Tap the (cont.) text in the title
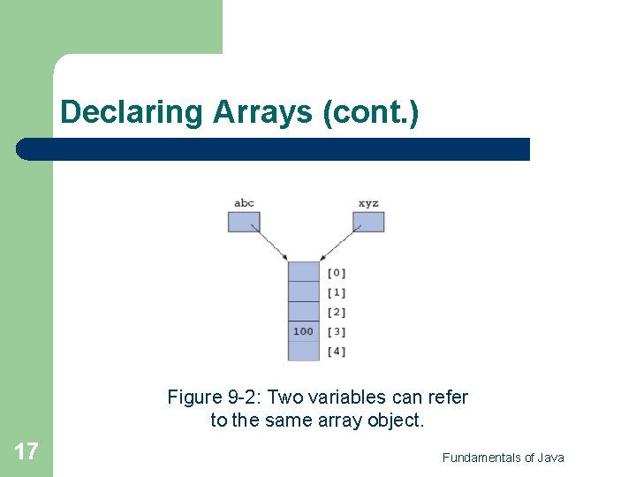click(372, 112)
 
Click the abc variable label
click(244, 203)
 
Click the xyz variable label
click(368, 203)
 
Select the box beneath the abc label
click(244, 222)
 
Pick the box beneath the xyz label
click(368, 222)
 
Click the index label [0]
click(337, 273)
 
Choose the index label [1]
click(337, 292)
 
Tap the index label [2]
click(337, 312)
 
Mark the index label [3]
click(337, 331)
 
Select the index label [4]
click(337, 352)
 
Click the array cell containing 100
click(303, 331)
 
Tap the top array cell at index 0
click(303, 272)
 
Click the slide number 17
click(26, 452)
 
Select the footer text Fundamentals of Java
click(503, 458)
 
